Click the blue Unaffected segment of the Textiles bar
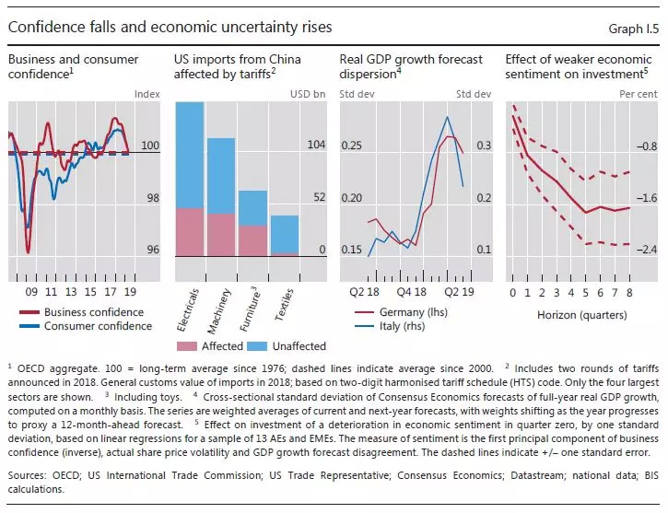[x=285, y=234]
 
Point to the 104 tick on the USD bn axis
[x=316, y=146]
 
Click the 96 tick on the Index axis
[x=152, y=250]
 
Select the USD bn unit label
[x=308, y=93]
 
